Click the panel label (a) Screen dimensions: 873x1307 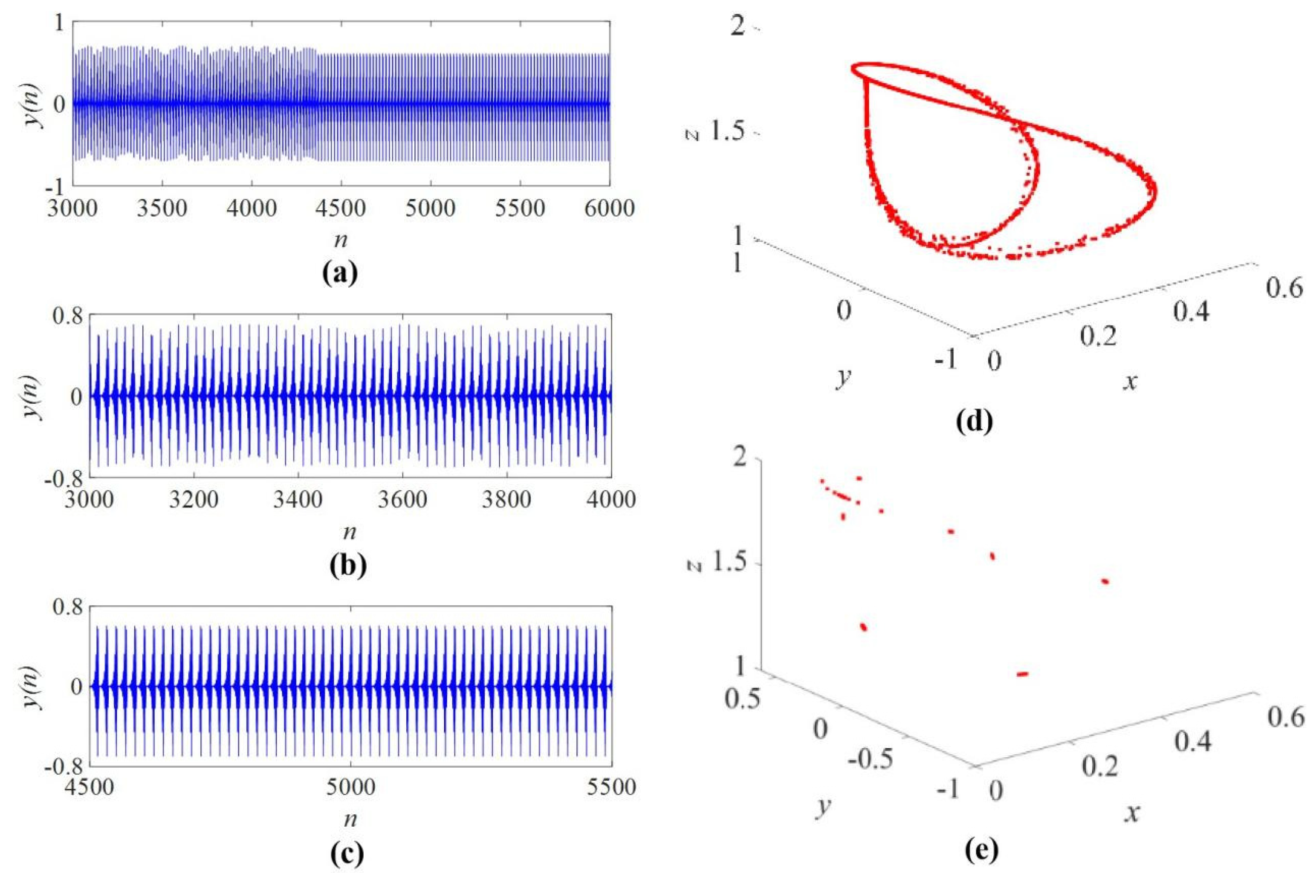(x=340, y=273)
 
